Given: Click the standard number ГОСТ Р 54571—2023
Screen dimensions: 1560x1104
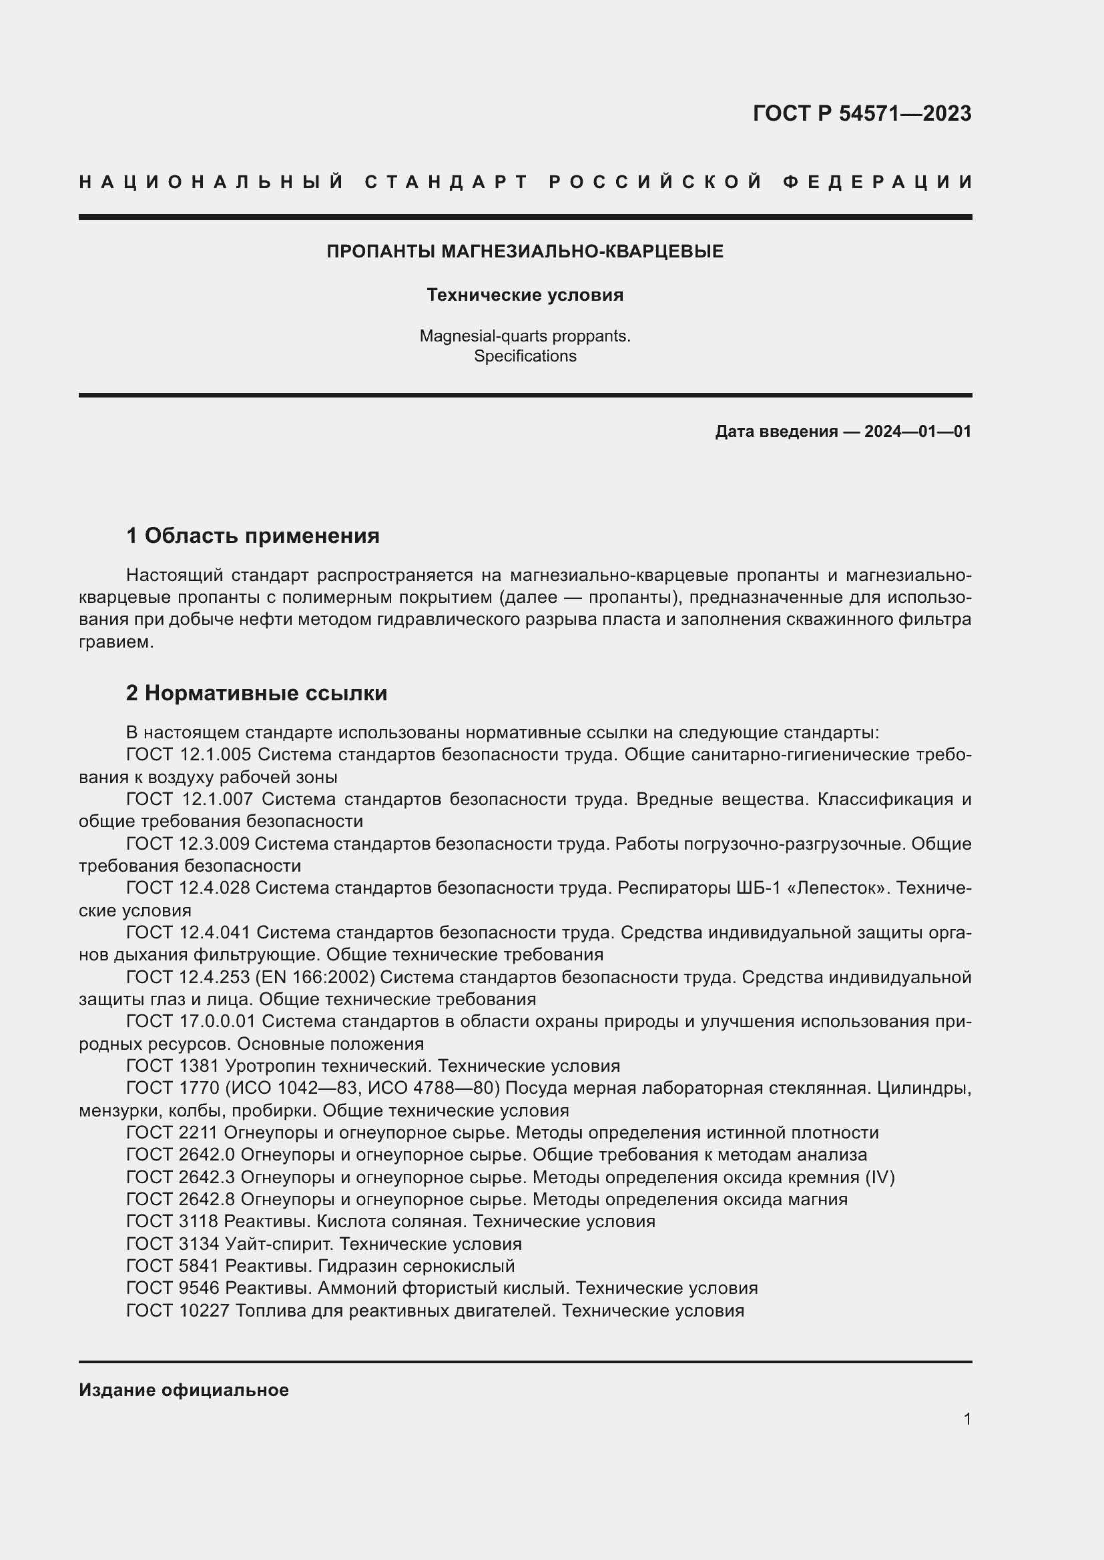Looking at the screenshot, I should click(x=861, y=113).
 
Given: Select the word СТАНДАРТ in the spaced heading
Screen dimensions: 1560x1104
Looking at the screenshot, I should click(x=447, y=182).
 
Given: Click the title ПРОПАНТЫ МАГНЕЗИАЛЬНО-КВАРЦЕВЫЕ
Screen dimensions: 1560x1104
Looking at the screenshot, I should click(x=525, y=251).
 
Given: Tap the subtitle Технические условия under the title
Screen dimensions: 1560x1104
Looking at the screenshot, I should click(x=525, y=295).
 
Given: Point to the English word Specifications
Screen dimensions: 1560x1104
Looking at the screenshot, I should click(x=525, y=356).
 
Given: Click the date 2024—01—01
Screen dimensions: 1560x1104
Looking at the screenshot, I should click(x=917, y=432).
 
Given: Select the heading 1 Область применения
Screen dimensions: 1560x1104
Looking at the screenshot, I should click(x=252, y=536).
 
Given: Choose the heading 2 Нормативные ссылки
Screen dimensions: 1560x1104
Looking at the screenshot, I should click(x=256, y=693).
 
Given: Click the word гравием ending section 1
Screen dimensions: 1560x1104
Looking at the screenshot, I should click(x=115, y=642).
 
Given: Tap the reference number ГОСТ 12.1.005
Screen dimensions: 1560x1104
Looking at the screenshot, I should click(x=189, y=755).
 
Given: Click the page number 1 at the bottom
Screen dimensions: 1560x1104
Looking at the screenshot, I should click(x=967, y=1419).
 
